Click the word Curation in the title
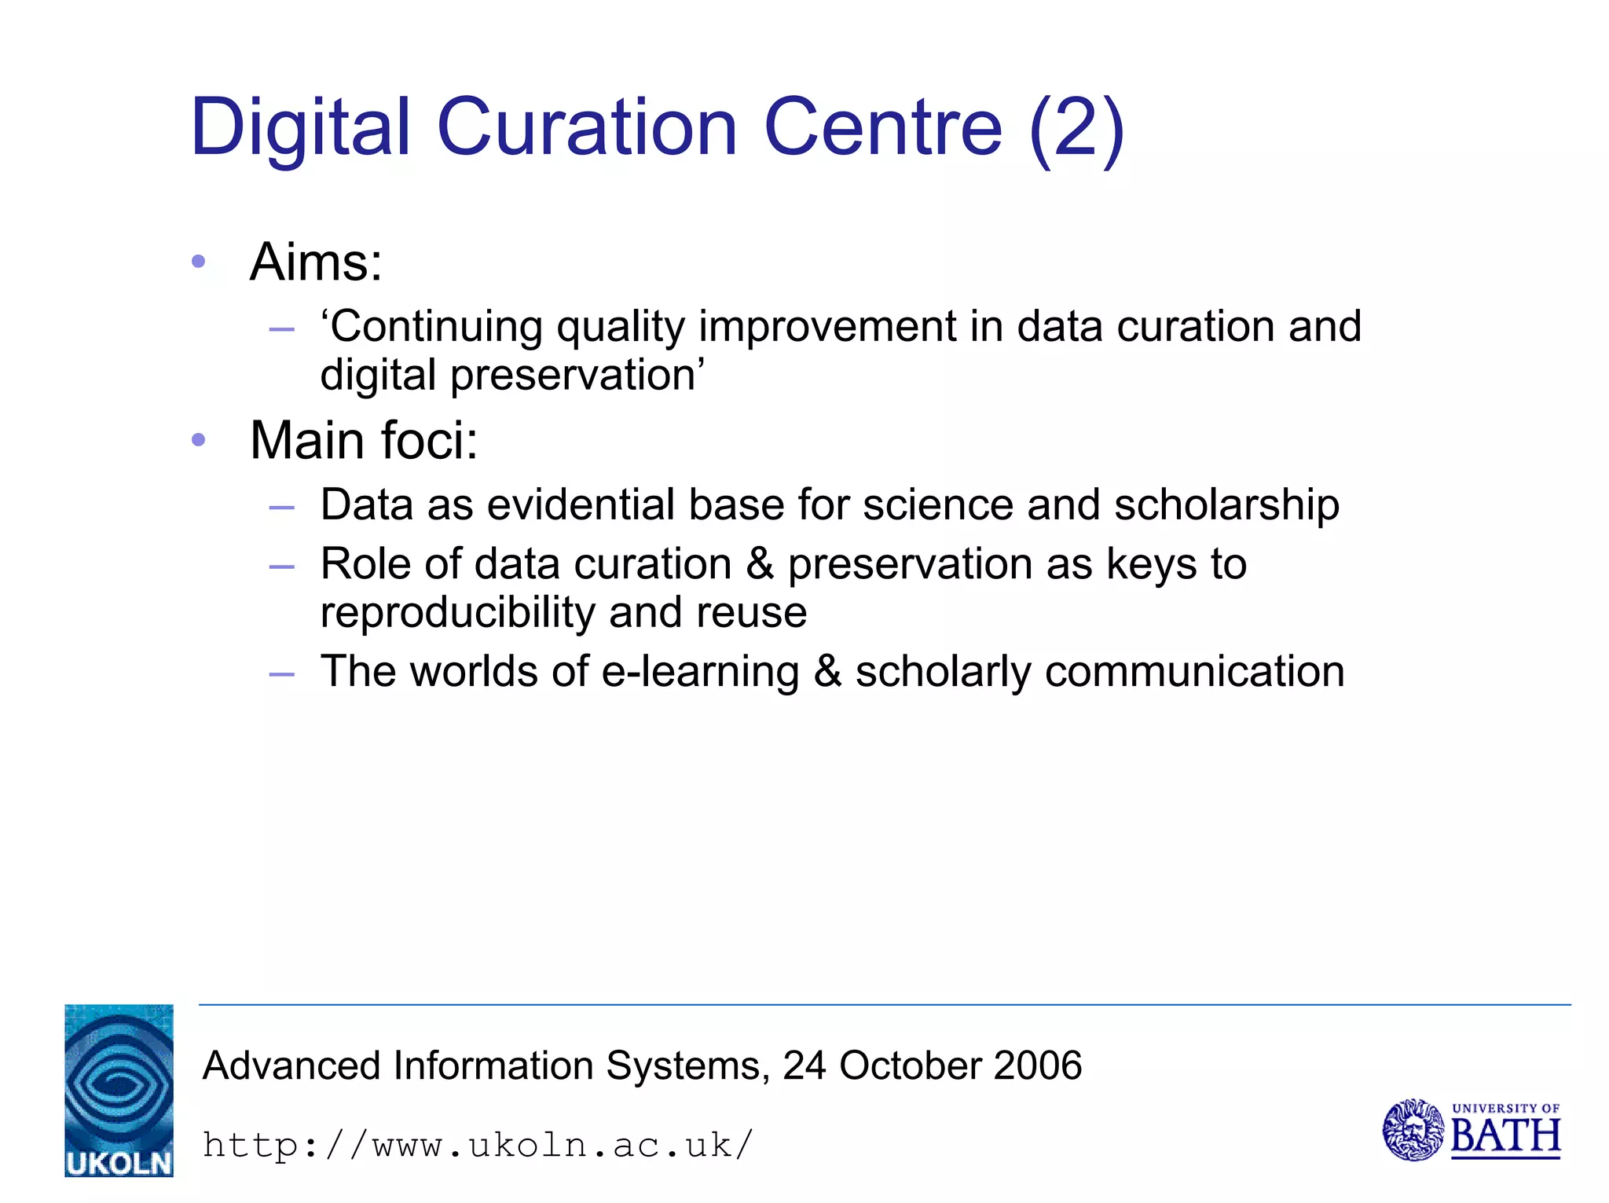click(586, 127)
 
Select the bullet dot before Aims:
click(199, 261)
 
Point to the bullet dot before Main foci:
click(199, 440)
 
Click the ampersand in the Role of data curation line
click(760, 564)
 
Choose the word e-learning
click(700, 673)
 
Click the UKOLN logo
click(119, 1090)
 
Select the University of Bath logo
click(1471, 1130)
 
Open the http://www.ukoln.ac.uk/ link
click(478, 1145)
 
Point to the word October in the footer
click(910, 1066)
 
